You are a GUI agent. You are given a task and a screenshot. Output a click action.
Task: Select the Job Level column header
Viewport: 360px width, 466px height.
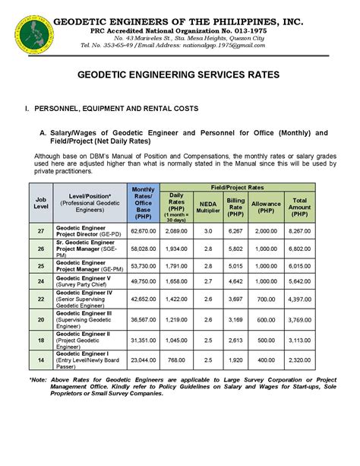click(40, 202)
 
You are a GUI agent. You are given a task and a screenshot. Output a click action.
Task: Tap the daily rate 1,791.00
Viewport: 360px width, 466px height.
click(176, 266)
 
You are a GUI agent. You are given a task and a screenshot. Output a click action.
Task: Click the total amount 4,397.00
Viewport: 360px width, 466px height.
click(298, 300)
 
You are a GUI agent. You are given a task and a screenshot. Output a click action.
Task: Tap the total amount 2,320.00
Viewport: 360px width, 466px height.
click(298, 359)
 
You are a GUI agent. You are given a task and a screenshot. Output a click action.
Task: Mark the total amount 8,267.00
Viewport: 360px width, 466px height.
click(298, 230)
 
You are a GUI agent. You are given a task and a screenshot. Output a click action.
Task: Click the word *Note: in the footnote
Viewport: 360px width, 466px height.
click(38, 379)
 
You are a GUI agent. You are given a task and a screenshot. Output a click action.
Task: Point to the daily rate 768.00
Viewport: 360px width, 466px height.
click(176, 359)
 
